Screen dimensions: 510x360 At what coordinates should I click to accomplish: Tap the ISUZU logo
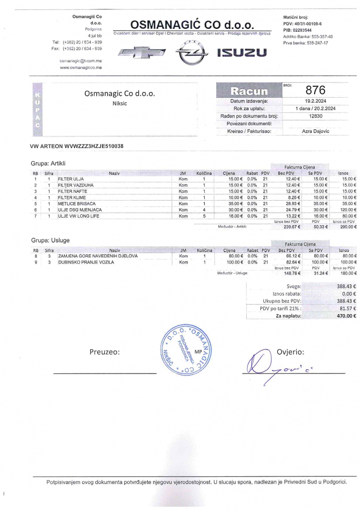tap(242, 52)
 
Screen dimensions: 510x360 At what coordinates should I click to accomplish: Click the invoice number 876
tap(316, 90)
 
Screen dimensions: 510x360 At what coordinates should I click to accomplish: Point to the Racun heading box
tap(248, 90)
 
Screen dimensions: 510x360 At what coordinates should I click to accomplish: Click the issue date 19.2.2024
tap(316, 101)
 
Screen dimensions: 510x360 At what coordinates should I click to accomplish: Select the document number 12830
tap(316, 116)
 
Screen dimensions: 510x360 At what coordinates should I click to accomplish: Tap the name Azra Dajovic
tap(316, 131)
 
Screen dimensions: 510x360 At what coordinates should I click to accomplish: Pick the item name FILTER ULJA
tap(71, 179)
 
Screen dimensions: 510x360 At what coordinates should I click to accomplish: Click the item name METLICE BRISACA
tap(76, 204)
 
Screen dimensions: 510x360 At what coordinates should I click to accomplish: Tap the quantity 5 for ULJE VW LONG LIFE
tap(204, 216)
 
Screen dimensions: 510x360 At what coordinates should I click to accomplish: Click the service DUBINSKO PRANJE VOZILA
tap(86, 262)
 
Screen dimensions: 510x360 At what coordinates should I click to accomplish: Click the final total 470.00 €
tap(346, 316)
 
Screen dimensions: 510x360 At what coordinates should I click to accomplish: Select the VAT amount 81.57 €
tap(348, 308)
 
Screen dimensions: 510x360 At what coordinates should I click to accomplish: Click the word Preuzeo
tap(104, 352)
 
